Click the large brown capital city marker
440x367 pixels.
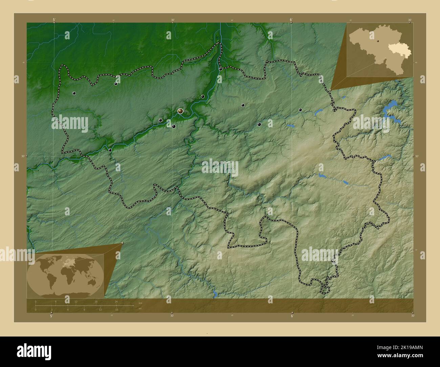180,111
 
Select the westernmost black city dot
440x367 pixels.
74,93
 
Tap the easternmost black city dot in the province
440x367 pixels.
300,110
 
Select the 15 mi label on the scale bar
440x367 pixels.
116,309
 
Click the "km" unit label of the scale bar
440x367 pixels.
140,302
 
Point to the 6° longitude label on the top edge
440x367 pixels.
291,20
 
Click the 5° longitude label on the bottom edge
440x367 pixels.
51,316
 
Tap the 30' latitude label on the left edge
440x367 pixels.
23,156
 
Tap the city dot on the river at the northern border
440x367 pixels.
220,69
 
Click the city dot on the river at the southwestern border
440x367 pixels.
110,150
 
